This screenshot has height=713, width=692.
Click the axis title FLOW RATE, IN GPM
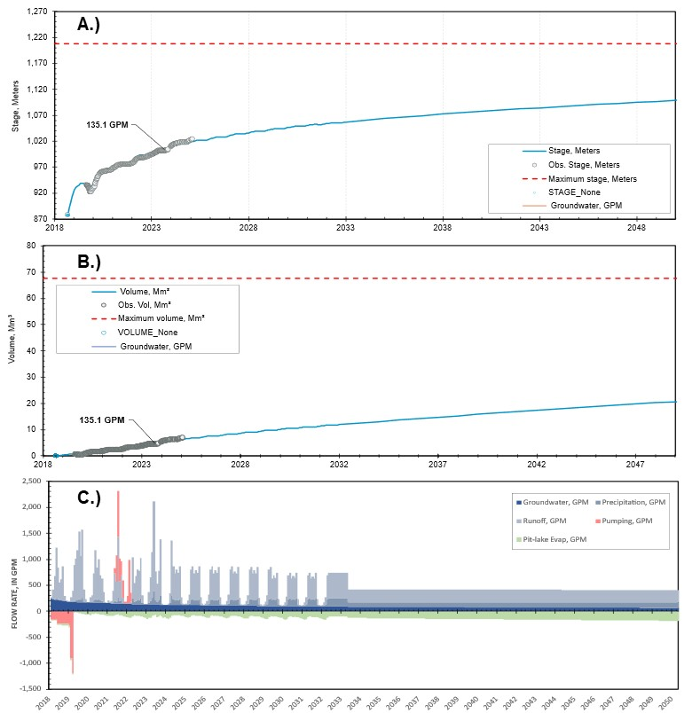[x=13, y=584]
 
